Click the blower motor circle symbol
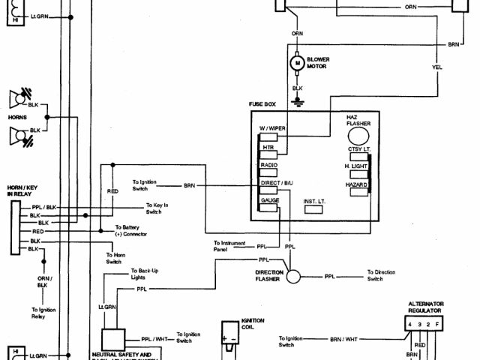tap(297, 64)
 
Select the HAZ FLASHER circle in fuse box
tap(357, 135)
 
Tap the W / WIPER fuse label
tap(273, 128)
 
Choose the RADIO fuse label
tap(269, 164)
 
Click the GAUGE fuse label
tap(270, 200)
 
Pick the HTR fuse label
tap(268, 148)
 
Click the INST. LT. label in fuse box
tap(316, 201)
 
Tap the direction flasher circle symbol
tap(294, 277)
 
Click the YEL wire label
tap(436, 65)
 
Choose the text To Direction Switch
tap(381, 275)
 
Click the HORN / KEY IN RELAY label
tap(24, 190)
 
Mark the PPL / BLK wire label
tap(43, 207)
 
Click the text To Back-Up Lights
tap(142, 273)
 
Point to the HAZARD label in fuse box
tap(355, 184)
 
